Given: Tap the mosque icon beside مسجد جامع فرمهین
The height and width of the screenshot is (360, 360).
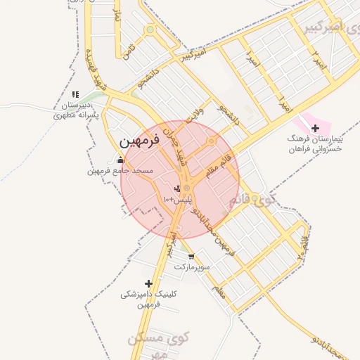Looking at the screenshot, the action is tap(120, 160).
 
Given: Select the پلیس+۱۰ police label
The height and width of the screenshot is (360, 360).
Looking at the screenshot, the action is tap(177, 200).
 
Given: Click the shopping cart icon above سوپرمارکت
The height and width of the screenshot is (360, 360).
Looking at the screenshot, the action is tap(191, 257).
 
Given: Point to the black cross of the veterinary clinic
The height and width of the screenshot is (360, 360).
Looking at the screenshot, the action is tap(148, 283).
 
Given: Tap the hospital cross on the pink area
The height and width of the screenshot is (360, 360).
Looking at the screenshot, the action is tap(316, 128).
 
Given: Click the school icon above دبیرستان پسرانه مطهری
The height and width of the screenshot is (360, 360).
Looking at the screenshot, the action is tap(75, 94).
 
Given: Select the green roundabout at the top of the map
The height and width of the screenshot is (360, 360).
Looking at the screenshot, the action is tap(149, 30).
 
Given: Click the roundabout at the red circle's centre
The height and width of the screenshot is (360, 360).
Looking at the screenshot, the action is tap(186, 188).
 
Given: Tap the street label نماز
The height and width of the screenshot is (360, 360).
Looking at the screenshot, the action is tap(118, 20).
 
